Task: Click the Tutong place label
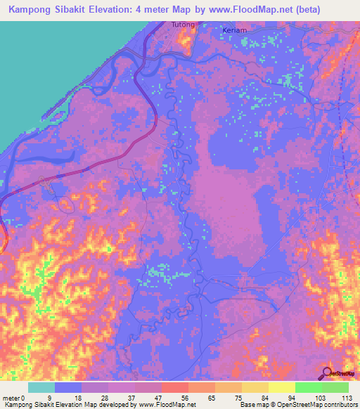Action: click(x=182, y=25)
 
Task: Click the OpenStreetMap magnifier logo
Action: click(x=327, y=372)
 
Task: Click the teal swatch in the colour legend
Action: click(x=41, y=387)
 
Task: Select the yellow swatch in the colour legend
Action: click(x=281, y=387)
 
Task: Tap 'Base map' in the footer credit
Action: click(x=252, y=405)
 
